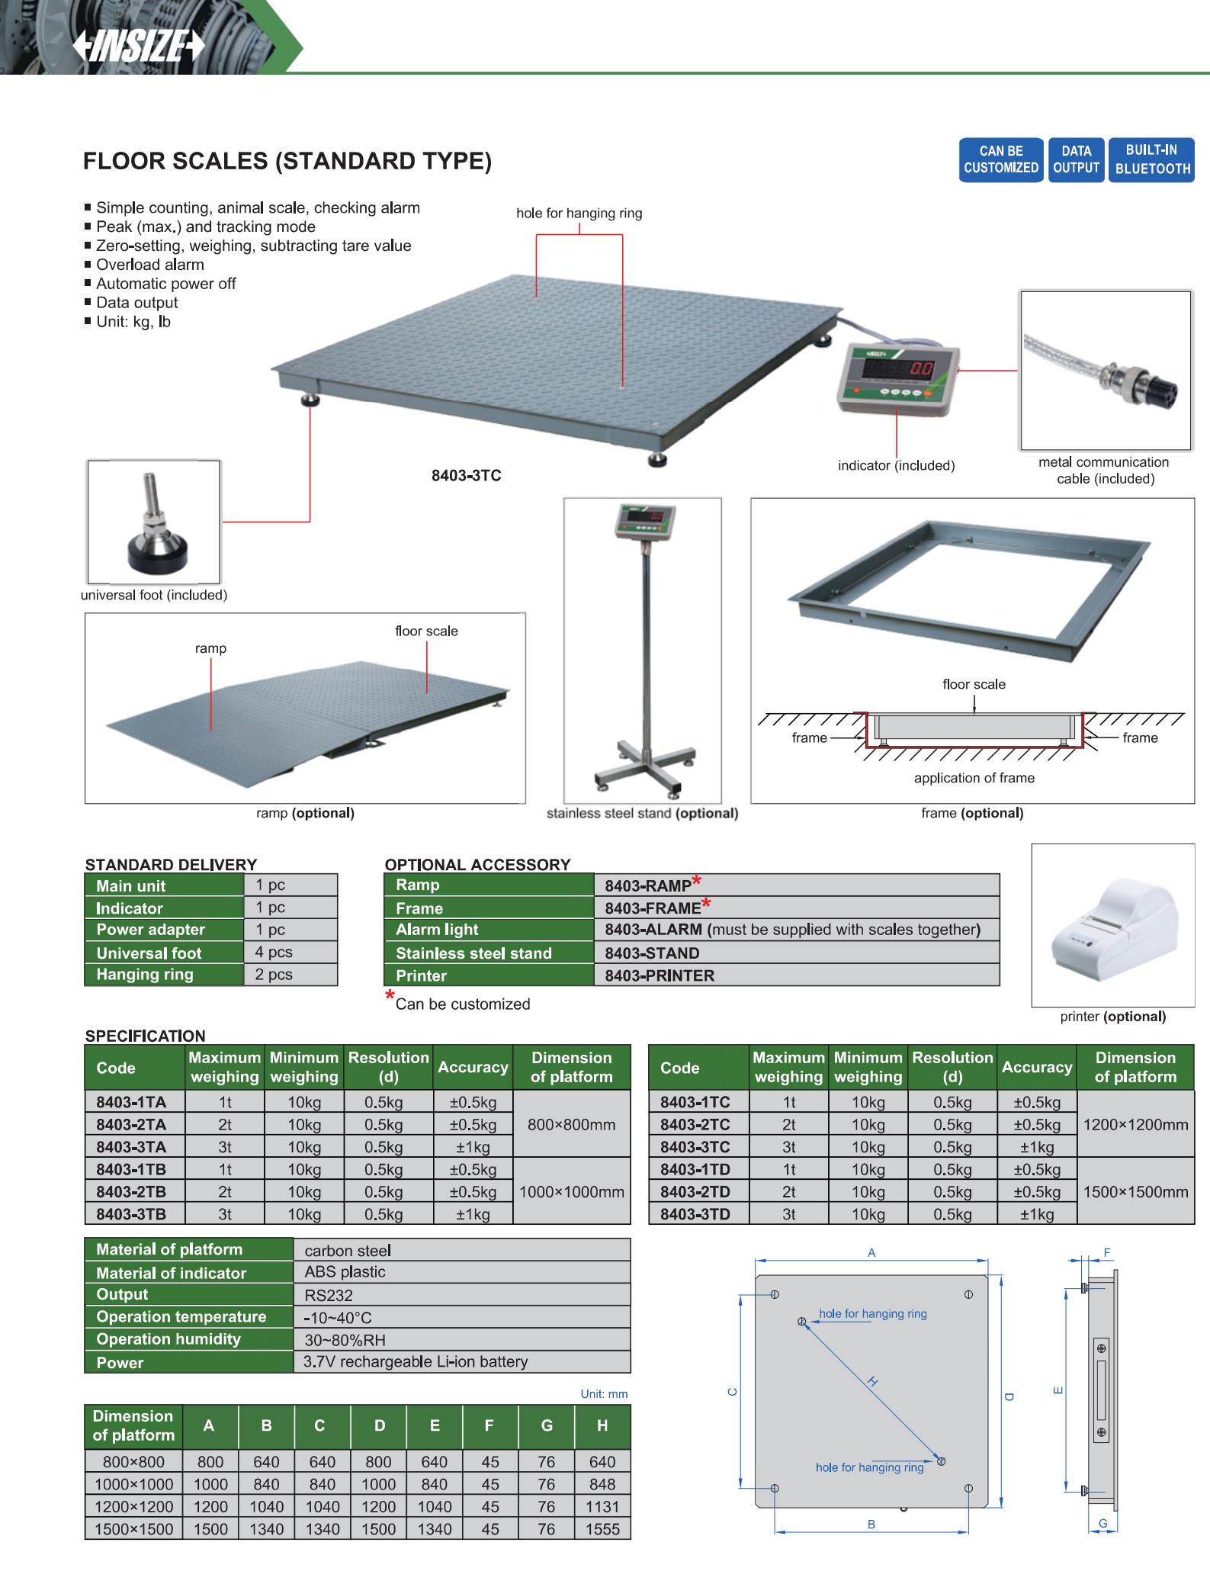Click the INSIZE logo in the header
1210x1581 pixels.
click(x=139, y=47)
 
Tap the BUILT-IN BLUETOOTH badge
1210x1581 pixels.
click(x=1152, y=159)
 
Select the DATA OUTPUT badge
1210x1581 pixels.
click(x=1076, y=159)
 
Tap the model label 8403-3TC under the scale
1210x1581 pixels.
click(x=466, y=476)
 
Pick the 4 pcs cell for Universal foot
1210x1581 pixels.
click(x=290, y=952)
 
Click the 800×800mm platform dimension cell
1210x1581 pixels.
click(x=571, y=1124)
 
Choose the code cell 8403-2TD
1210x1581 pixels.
click(x=695, y=1191)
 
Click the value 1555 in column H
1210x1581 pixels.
click(x=602, y=1529)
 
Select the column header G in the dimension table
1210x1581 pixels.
click(x=547, y=1425)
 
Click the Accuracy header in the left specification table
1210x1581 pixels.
click(x=473, y=1067)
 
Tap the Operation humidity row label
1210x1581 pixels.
click(x=169, y=1339)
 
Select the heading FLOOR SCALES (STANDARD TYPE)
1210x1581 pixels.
click(x=287, y=162)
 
